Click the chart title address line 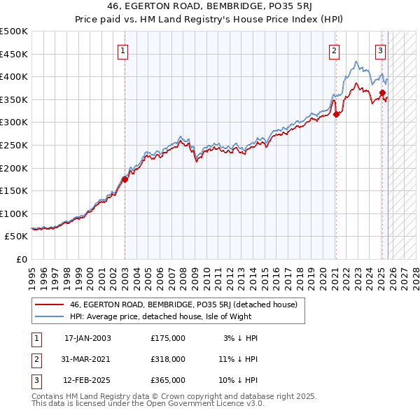(x=210, y=8)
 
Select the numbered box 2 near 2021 (x=335, y=50)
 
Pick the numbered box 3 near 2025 (x=380, y=50)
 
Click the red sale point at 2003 (x=125, y=179)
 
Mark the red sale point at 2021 (x=336, y=114)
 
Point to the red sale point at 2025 (x=382, y=92)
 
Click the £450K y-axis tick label (x=15, y=54)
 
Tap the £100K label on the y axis (x=15, y=213)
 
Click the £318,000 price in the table (x=168, y=359)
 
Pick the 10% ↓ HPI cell (x=237, y=380)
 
